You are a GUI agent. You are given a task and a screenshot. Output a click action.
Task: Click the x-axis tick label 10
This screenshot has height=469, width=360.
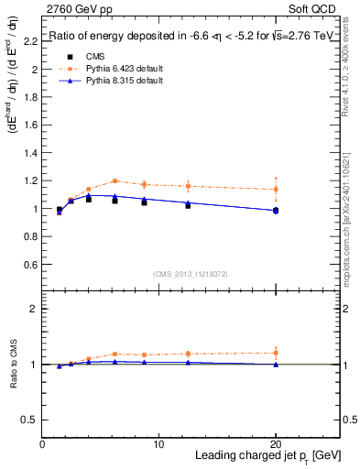coord(158,444)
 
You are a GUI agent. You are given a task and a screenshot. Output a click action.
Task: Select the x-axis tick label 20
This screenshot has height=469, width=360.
coord(276,444)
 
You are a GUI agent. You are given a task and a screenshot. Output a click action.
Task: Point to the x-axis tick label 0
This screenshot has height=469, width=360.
coord(42,444)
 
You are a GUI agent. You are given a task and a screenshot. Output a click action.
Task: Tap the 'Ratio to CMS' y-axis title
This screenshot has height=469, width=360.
coord(13,364)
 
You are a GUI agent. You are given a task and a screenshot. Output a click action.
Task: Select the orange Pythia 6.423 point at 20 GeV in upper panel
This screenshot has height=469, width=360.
coord(276,190)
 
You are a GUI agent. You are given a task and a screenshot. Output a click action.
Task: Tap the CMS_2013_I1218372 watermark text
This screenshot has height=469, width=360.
coord(191,274)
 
